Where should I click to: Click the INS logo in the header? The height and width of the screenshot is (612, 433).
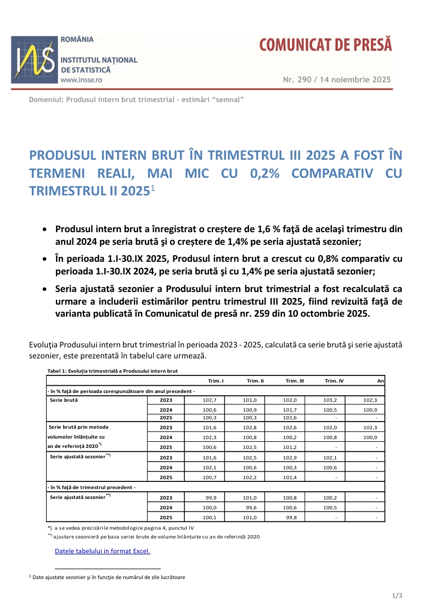click(x=34, y=59)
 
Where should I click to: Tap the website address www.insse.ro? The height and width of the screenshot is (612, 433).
click(x=81, y=80)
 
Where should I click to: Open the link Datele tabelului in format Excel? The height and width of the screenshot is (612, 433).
click(x=102, y=551)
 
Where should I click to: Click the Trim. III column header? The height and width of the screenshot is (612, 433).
click(x=295, y=380)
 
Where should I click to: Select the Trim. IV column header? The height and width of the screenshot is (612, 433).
click(x=334, y=380)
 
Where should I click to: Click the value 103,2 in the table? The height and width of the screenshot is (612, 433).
click(x=331, y=400)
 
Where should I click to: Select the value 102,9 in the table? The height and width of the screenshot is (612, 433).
click(x=291, y=457)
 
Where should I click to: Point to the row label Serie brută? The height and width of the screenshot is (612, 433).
click(x=63, y=400)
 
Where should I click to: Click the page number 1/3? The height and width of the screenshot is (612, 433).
click(x=397, y=596)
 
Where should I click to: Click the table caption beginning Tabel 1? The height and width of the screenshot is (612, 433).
click(x=113, y=371)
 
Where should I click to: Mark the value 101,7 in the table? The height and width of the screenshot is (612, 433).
click(x=291, y=410)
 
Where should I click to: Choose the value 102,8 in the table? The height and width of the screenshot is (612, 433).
click(x=251, y=427)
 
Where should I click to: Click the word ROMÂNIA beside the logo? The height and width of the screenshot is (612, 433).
click(x=77, y=40)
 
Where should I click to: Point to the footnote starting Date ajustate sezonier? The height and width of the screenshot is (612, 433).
click(x=107, y=577)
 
